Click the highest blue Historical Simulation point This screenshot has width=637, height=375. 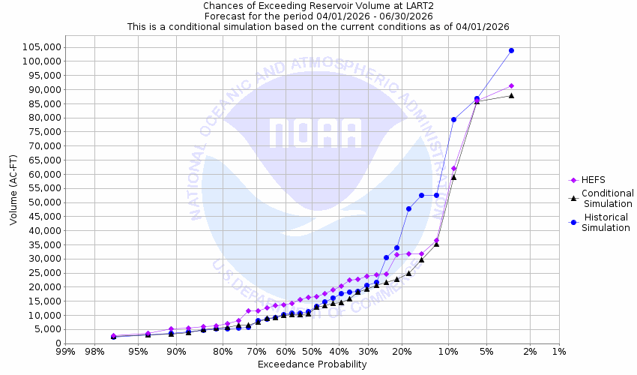[x=511, y=50]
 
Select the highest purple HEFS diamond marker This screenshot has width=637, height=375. [x=511, y=85]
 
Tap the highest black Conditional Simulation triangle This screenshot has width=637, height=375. [x=511, y=95]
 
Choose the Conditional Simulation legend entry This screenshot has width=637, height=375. [x=608, y=198]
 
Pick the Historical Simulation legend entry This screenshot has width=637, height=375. [x=608, y=223]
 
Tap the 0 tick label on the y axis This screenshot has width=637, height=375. [x=58, y=343]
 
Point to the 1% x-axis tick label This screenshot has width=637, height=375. [x=558, y=352]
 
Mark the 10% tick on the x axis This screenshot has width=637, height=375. [x=448, y=352]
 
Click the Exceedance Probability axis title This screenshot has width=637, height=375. [x=312, y=364]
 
